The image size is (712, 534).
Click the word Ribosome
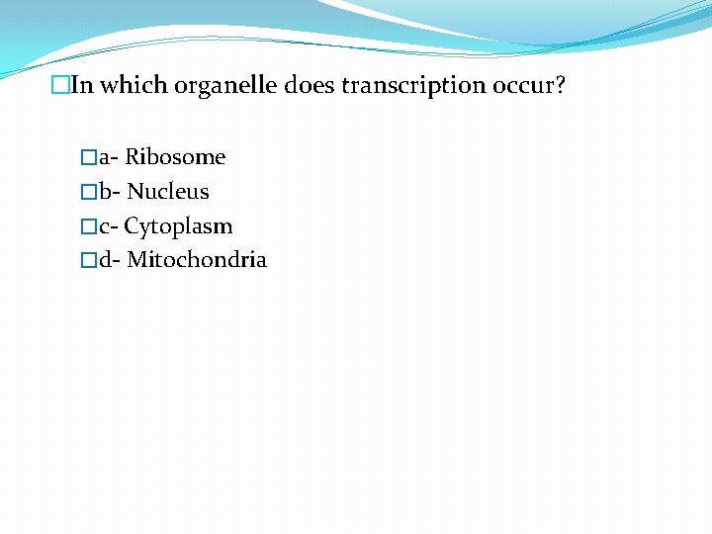pos(175,157)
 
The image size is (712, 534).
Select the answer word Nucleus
pos(168,192)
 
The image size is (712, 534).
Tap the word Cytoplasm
pos(178,226)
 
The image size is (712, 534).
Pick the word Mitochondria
pos(197,261)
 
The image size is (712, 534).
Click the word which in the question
pos(133,85)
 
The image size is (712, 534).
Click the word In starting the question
pos(81,85)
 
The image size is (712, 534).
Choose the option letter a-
pos(108,158)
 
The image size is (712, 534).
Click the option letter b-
pos(109,192)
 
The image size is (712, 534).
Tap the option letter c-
pos(108,227)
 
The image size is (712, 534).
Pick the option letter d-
pos(109,261)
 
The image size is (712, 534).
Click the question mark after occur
pos(561,85)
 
